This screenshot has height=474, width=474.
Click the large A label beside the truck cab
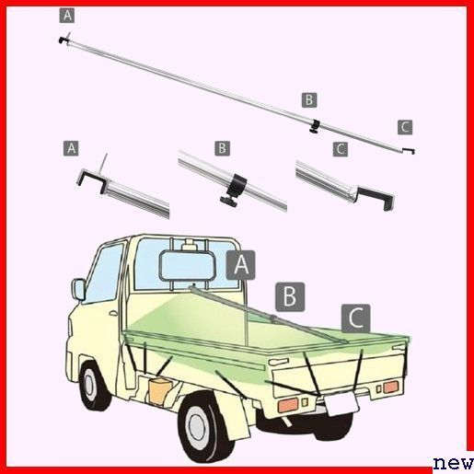click(x=240, y=265)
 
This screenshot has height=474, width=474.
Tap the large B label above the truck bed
click(x=290, y=297)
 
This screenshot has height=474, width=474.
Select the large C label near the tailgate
click(x=356, y=318)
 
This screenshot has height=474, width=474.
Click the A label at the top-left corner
click(x=67, y=16)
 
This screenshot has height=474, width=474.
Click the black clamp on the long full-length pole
click(x=315, y=126)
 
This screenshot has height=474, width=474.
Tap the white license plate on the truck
click(x=341, y=403)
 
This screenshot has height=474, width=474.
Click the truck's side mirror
click(x=78, y=290)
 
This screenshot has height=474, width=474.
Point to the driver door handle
click(x=113, y=313)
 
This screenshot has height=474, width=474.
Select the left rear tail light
click(x=288, y=405)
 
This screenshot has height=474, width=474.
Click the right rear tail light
click(x=391, y=387)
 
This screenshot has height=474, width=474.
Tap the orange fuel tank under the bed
click(x=159, y=390)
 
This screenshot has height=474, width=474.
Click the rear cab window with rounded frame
click(x=187, y=265)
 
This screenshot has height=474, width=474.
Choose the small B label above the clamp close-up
click(x=222, y=149)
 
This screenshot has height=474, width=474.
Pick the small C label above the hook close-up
click(x=341, y=149)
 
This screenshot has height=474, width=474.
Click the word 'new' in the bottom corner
click(x=454, y=463)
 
